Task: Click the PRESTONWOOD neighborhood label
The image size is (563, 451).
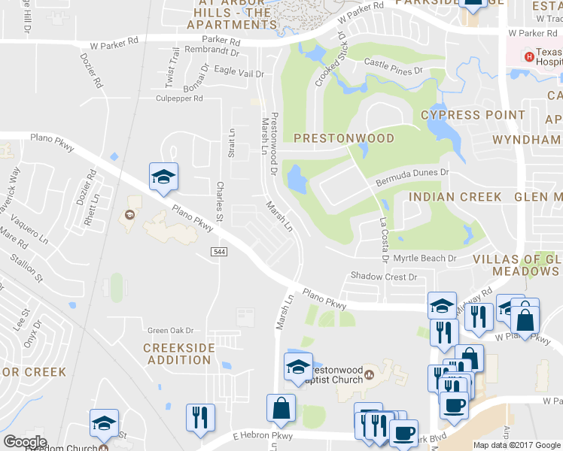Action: pos(343,138)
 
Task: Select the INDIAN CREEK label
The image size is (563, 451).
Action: pos(455,197)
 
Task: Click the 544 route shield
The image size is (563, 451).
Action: pos(218,251)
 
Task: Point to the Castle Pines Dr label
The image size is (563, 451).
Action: pos(394,67)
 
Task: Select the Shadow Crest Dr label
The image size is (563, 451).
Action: pos(383,277)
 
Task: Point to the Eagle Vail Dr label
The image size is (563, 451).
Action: pos(239,73)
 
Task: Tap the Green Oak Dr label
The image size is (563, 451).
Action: pos(170,330)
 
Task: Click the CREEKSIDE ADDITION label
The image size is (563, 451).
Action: pos(178,354)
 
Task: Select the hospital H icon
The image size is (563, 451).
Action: pos(530,56)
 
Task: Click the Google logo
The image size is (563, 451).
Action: pos(25,441)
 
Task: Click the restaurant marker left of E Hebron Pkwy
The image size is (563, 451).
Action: pos(200,417)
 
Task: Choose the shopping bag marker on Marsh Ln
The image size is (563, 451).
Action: pos(281,409)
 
